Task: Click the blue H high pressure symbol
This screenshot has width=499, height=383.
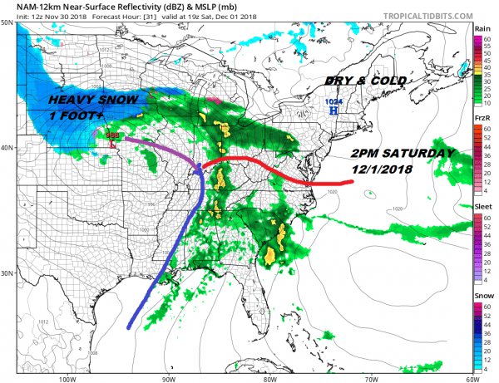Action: pyautogui.click(x=333, y=110)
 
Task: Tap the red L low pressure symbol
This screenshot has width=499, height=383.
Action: pyautogui.click(x=114, y=142)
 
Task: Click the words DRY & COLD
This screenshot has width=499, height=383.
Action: pyautogui.click(x=366, y=81)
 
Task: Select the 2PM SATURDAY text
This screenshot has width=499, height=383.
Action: pyautogui.click(x=403, y=154)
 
